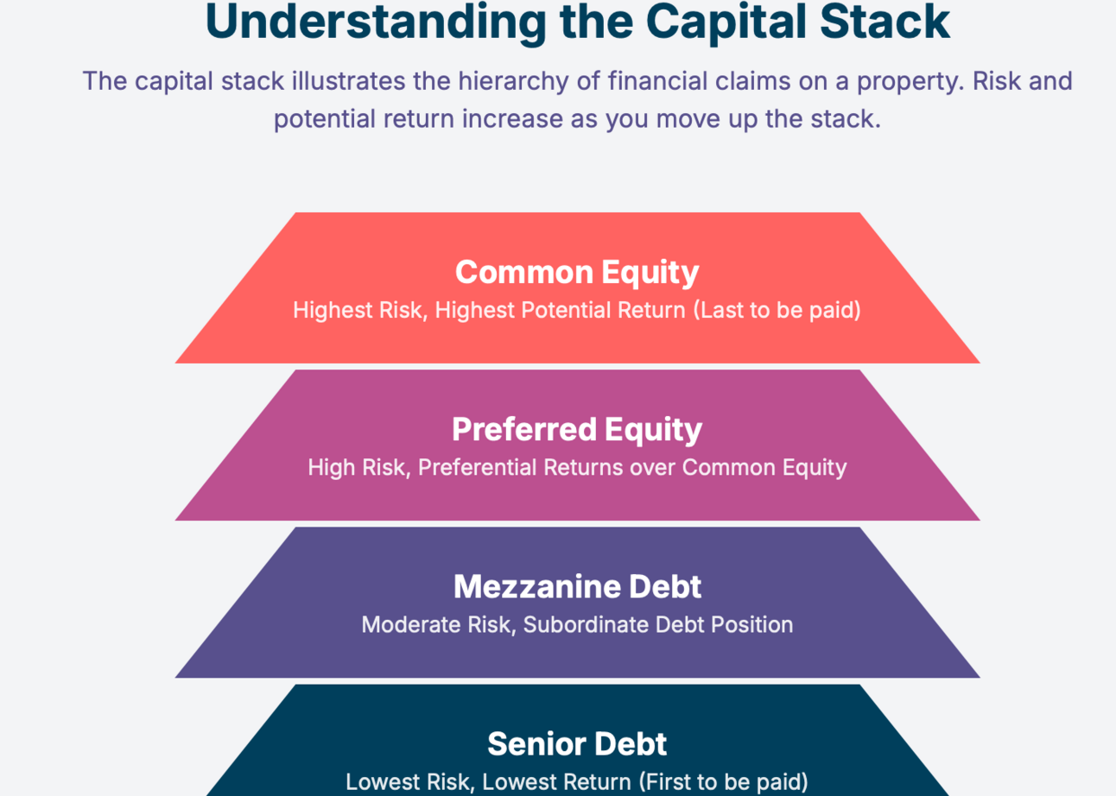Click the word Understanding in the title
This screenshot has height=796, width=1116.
pos(376,23)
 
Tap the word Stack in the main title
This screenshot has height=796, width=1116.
pos(885,22)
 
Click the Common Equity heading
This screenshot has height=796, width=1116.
pos(577,273)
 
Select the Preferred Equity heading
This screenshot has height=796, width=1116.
pos(577,430)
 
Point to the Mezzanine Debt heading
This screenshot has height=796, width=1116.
pos(577,586)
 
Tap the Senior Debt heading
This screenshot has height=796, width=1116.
pos(577,743)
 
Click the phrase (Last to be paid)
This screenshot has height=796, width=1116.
pos(777,310)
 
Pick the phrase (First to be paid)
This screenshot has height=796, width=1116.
pos(723,782)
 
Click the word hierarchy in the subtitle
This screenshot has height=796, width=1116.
pos(513,82)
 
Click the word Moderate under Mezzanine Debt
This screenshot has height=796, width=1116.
pos(411,625)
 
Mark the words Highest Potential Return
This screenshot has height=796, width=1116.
pos(561,310)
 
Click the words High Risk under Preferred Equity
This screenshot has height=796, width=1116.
pos(358,467)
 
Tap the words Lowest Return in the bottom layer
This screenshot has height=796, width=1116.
pos(556,782)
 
